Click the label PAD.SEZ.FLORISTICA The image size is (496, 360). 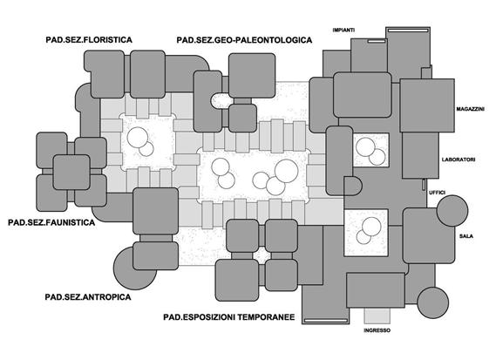click(x=89, y=40)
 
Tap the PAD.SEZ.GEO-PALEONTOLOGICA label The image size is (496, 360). click(x=244, y=40)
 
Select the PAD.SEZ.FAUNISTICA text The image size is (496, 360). click(x=51, y=222)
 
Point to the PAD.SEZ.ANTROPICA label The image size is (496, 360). click(x=88, y=297)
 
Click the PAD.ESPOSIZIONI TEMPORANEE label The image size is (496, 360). click(x=229, y=317)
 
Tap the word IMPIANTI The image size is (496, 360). click(x=343, y=30)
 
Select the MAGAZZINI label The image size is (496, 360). click(x=471, y=109)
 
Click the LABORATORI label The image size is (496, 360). click(x=459, y=160)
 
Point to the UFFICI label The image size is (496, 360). click(x=438, y=193)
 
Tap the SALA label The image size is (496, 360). click(x=466, y=236)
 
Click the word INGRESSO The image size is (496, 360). click(x=377, y=330)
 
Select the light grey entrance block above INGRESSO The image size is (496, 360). click(x=377, y=316)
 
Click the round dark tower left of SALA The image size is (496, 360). click(x=452, y=210)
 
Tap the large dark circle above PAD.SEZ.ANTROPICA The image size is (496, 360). click(x=132, y=268)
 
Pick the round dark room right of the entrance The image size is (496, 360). click(x=432, y=302)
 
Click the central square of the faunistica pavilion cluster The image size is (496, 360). click(x=71, y=172)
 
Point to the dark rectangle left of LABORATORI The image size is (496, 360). click(x=420, y=155)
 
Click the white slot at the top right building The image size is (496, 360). click(x=408, y=31)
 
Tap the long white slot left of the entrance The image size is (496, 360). click(x=325, y=321)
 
